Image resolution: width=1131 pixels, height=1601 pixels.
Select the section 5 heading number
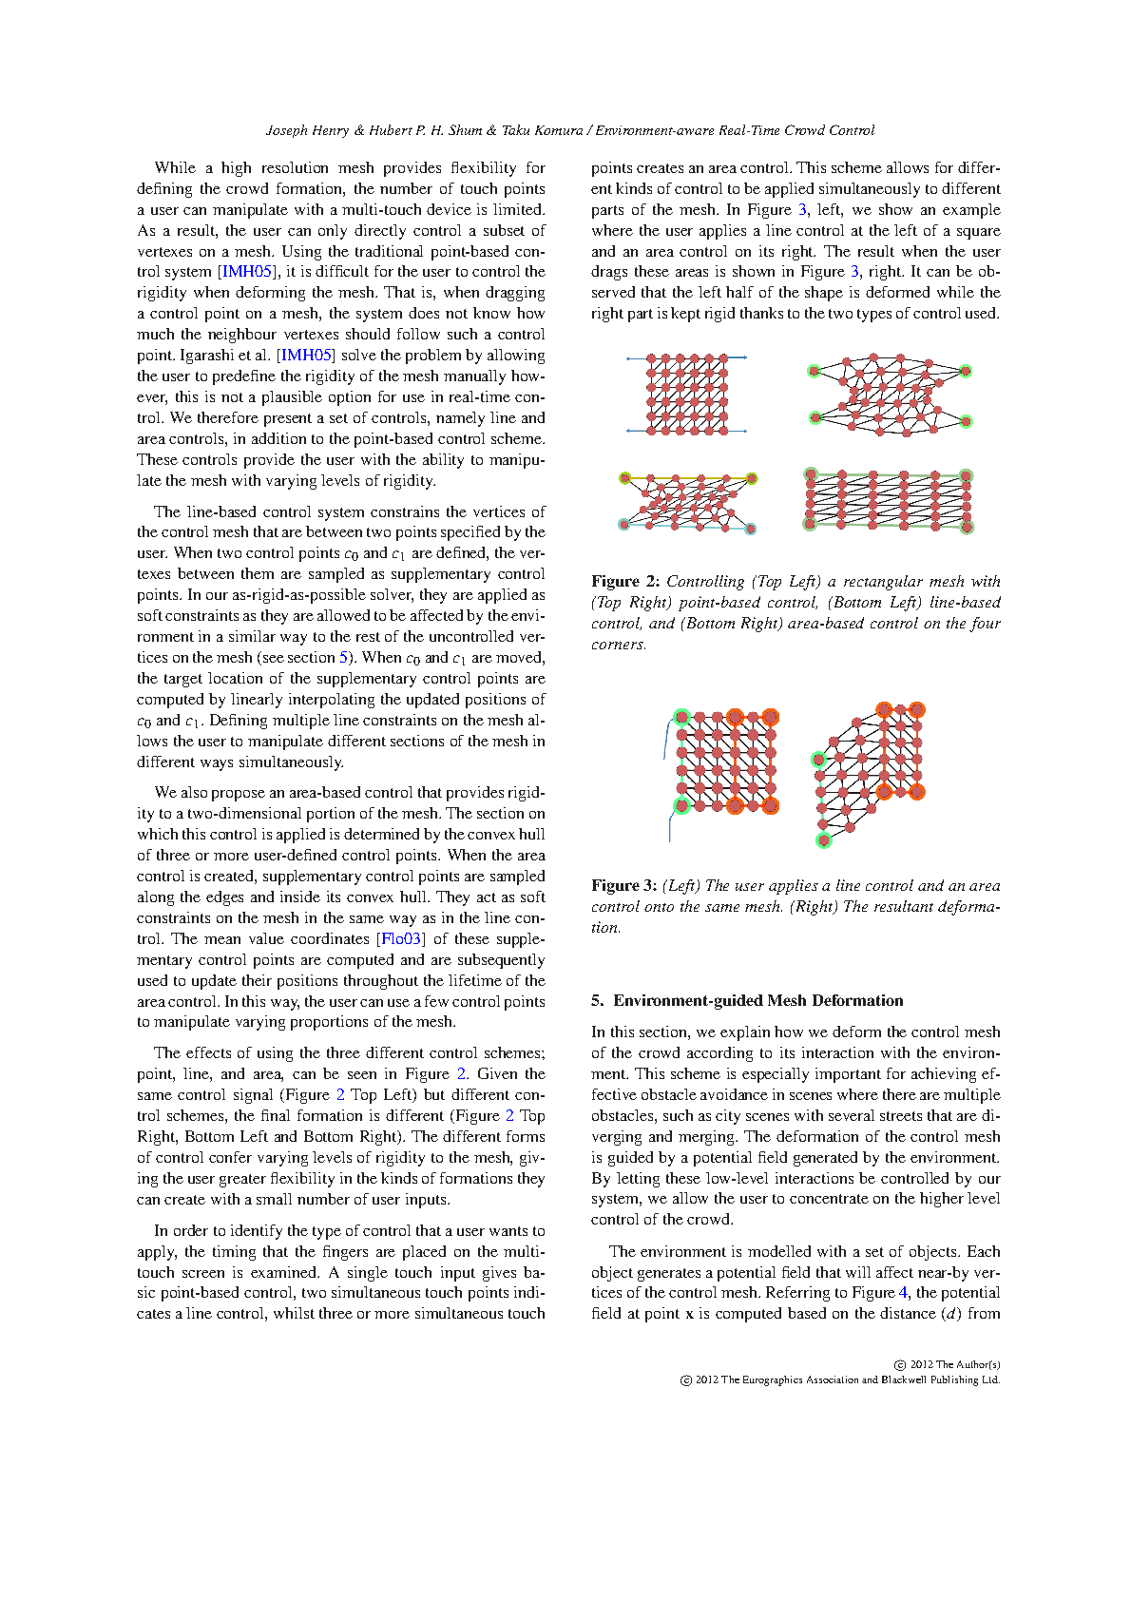click(597, 1000)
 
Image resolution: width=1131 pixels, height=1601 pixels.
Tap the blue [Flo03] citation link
click(400, 939)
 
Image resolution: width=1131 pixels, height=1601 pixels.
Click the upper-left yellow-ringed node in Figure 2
click(625, 478)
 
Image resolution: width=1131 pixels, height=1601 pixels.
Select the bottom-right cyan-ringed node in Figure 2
click(750, 529)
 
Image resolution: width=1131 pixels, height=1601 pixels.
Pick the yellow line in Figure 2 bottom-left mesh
click(688, 478)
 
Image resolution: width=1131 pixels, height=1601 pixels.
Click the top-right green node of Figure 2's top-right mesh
click(966, 371)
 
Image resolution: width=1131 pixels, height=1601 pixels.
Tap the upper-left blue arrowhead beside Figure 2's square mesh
click(628, 358)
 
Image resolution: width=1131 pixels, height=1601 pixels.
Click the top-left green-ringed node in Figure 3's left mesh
click(681, 717)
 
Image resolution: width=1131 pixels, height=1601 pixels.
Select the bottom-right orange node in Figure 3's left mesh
click(770, 806)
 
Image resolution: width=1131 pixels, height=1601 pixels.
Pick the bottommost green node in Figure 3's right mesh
click(823, 839)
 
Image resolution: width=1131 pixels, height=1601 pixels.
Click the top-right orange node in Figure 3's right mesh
click(917, 709)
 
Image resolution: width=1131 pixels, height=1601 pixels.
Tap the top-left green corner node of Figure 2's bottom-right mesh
click(810, 473)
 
